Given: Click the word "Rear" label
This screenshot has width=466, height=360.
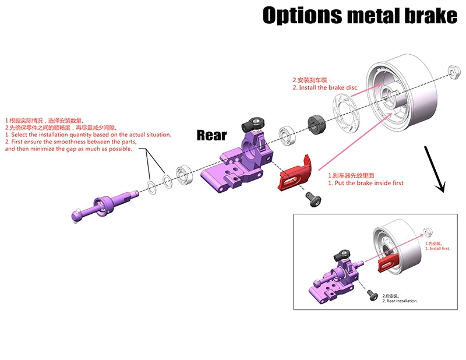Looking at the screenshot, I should tap(211, 135).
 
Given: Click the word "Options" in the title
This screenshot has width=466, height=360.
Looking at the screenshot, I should tap(301, 16).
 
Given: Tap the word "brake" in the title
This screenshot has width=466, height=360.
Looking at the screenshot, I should tap(426, 16).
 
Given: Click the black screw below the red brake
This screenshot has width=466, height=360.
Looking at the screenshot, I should tap(312, 199).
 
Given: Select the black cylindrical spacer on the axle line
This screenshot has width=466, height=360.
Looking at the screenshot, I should tap(316, 123).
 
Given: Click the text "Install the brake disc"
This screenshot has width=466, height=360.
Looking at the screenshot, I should tap(328, 87).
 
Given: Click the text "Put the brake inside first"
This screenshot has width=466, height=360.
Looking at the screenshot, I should tap(365, 183).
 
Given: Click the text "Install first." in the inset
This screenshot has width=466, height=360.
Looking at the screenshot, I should tap(438, 249).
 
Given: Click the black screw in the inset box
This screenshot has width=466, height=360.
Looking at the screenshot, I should tap(370, 295).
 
